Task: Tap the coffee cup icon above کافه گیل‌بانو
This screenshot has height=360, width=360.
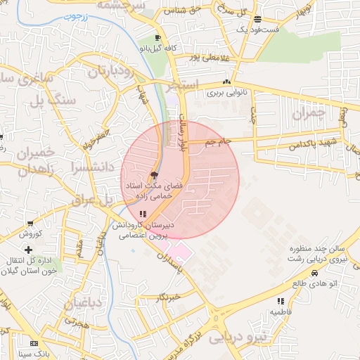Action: click(x=157, y=38)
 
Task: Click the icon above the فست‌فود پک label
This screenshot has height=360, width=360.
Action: click(x=257, y=20)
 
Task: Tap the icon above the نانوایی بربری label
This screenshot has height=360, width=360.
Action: click(x=226, y=82)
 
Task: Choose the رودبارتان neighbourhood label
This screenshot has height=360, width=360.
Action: click(x=110, y=72)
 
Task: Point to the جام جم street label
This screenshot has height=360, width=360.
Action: click(x=218, y=142)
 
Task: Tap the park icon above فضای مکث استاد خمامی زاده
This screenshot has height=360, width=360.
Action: click(x=154, y=175)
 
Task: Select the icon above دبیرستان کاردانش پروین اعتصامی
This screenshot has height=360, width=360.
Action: click(x=142, y=213)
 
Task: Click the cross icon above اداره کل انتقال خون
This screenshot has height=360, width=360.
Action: click(x=28, y=250)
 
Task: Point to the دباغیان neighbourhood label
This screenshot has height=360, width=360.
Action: click(x=85, y=304)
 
